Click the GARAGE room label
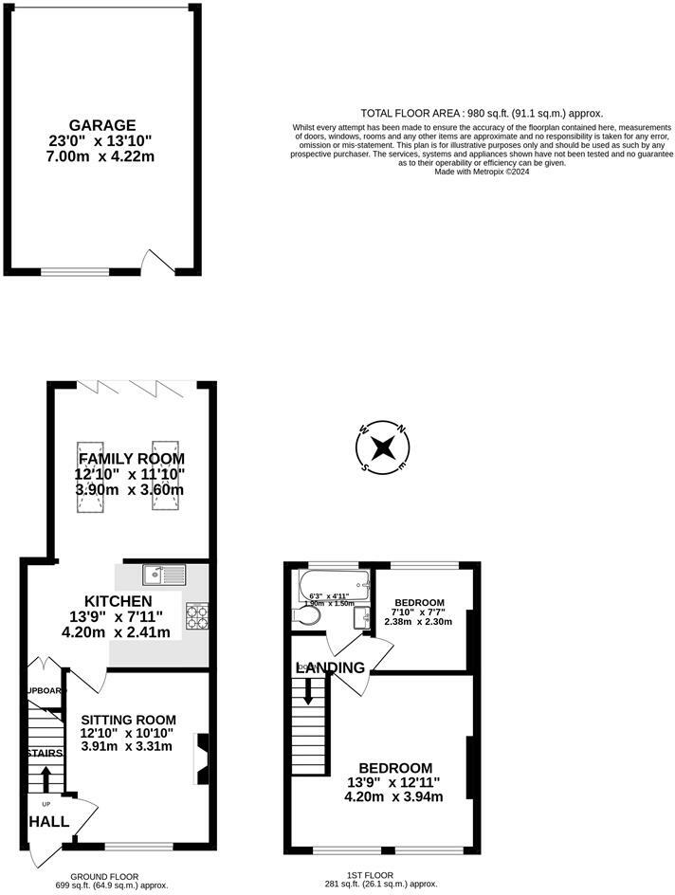pos(102,124)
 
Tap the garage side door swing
pos(152,261)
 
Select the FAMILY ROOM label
pos(131,459)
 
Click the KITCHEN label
pos(118,602)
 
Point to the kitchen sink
pos(166,574)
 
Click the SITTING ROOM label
pos(125,719)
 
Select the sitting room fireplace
pos(201,758)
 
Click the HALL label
pos(48,821)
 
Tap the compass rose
pos(382,447)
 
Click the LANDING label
pos(331,667)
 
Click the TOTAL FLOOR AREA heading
pos(482,112)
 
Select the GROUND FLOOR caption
pos(104,876)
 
